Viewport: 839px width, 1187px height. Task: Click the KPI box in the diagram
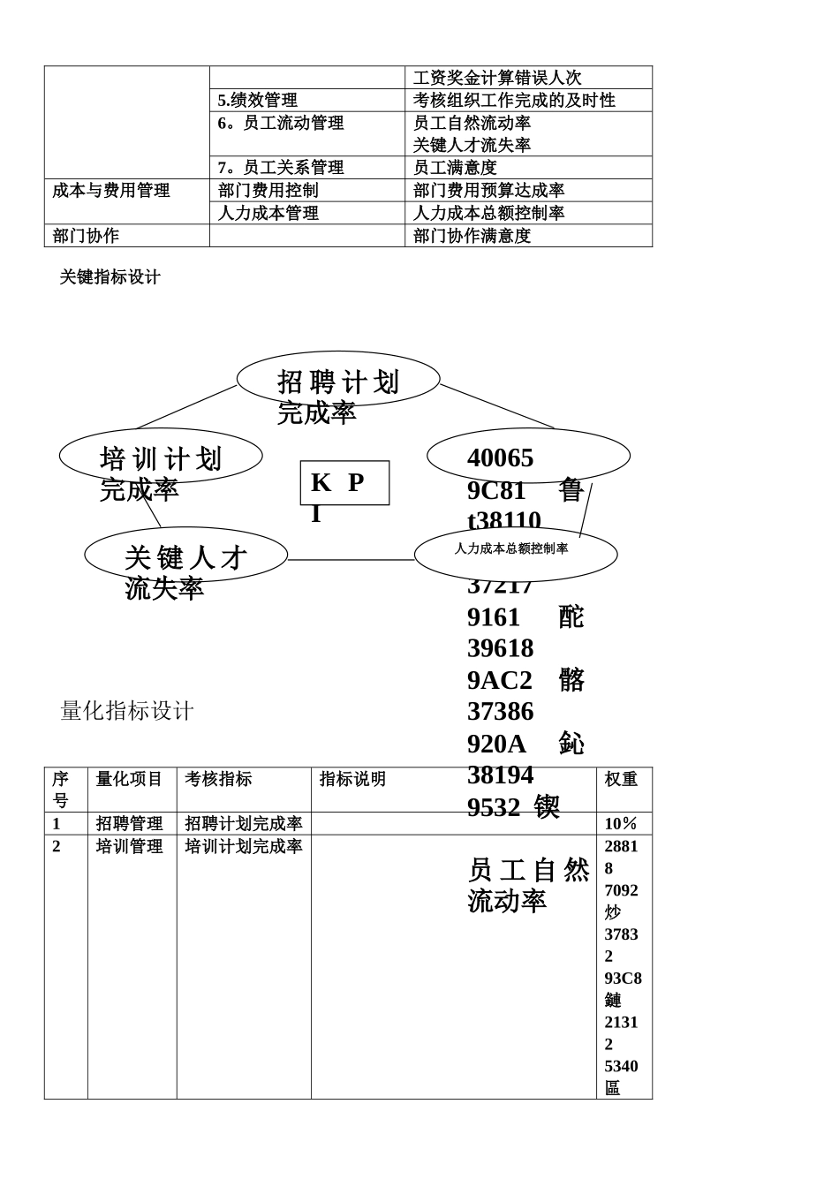pos(344,482)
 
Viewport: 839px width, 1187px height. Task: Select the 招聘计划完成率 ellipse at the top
pos(338,379)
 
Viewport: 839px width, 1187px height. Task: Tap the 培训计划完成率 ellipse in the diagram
pos(161,456)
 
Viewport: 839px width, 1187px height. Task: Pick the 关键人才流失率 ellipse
pos(185,555)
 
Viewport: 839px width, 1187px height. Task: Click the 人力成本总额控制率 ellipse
pos(515,554)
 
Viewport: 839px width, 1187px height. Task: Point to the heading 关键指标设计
pos(110,277)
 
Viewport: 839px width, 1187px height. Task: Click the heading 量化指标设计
pos(127,711)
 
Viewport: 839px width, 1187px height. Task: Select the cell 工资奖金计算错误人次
pos(497,78)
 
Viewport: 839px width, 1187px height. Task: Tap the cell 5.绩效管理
pos(258,101)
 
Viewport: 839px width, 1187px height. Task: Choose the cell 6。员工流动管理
pos(281,123)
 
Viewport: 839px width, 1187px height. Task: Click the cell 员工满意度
pos(455,168)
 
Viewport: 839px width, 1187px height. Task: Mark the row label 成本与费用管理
pos(111,191)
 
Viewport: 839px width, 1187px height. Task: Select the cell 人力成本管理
pos(268,213)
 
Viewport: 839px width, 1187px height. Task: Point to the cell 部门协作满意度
pos(472,236)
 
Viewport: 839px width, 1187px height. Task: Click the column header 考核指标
pos(218,779)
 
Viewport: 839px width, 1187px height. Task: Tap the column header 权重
pos(621,779)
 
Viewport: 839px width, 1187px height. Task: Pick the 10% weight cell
pos(621,824)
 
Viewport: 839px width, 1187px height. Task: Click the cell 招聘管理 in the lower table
pos(130,824)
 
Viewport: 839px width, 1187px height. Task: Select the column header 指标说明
pos(353,779)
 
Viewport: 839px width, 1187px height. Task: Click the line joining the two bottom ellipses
pos(351,560)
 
